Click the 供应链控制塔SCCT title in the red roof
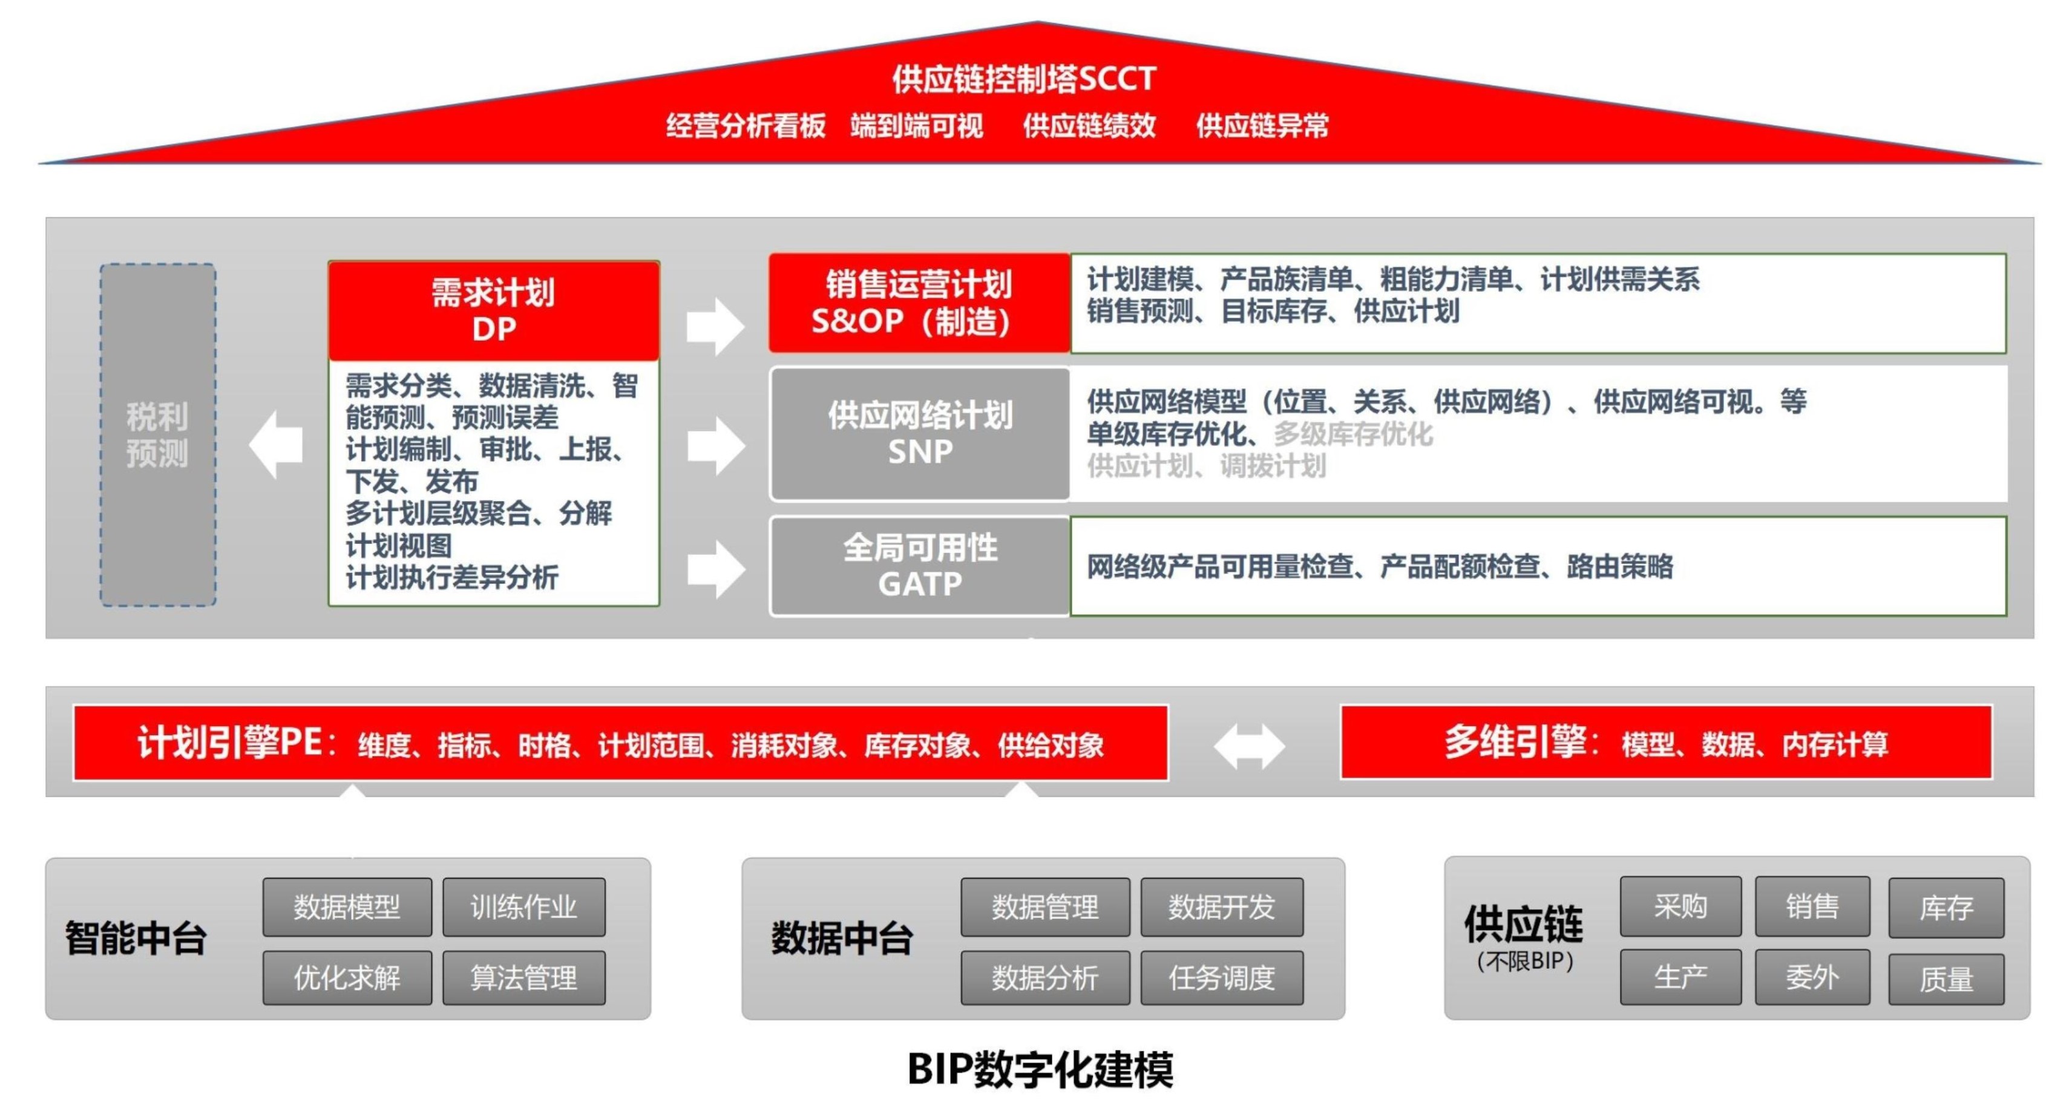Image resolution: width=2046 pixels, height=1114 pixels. [x=1023, y=78]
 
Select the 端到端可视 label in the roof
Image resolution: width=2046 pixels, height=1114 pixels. [x=917, y=125]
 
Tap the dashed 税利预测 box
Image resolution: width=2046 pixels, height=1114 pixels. [x=157, y=434]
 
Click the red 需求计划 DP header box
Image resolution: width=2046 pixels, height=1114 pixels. [x=493, y=310]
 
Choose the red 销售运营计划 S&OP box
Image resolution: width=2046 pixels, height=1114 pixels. [x=919, y=303]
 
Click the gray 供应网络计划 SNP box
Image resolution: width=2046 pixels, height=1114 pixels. [x=920, y=433]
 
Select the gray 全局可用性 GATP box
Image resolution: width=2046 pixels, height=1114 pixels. [x=920, y=565]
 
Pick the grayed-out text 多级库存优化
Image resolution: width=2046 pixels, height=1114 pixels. [x=1353, y=433]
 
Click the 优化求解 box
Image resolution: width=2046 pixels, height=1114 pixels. [x=347, y=977]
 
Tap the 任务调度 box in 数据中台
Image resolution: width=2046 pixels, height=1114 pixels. [x=1222, y=977]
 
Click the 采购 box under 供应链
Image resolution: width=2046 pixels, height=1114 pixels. [x=1680, y=905]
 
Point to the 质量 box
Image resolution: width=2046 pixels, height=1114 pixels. [x=1946, y=979]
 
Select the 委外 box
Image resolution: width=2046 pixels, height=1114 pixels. [x=1812, y=977]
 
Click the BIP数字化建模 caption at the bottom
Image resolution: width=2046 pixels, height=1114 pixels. [x=1040, y=1069]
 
